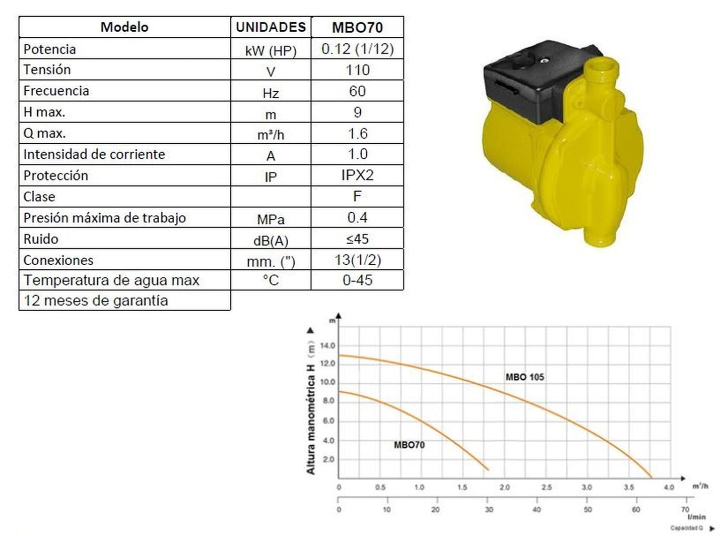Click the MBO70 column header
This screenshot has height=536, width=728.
point(357,27)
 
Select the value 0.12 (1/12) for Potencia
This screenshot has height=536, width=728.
point(357,49)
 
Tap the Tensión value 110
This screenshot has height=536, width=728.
point(357,70)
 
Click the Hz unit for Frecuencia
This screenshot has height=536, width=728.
point(271,93)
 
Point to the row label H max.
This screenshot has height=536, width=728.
point(44,112)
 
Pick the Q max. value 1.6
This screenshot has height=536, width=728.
point(357,134)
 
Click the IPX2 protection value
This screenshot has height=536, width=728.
point(357,175)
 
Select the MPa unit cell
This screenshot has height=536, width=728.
point(271,219)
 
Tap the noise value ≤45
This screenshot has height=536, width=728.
point(357,239)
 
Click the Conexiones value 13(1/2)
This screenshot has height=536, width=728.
point(357,260)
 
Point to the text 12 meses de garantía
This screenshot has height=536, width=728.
point(96,301)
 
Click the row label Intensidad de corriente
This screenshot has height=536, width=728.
point(94,154)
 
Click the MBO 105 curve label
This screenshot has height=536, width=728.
point(524,377)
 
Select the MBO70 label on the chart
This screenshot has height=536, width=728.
point(409,445)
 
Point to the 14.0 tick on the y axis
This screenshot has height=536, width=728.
point(327,346)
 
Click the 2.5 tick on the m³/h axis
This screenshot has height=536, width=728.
point(546,488)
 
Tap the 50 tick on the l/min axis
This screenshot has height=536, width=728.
point(587,510)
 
